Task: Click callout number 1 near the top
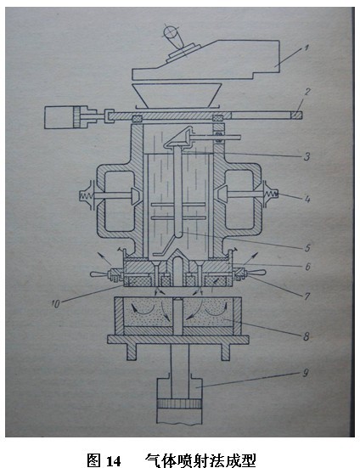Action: [x=306, y=48]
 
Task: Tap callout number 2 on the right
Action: [x=307, y=92]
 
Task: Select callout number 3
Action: [x=307, y=156]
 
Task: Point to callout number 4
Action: [x=307, y=199]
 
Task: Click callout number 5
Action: [x=307, y=248]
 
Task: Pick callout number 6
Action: [x=308, y=266]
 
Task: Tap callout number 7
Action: [x=307, y=296]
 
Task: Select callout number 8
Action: [x=307, y=336]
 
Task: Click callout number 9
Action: [x=306, y=373]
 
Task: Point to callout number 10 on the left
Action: [x=56, y=303]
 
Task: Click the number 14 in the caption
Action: [x=113, y=461]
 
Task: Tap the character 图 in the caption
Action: [x=94, y=461]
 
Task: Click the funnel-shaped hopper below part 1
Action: [x=177, y=95]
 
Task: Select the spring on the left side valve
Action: [x=85, y=196]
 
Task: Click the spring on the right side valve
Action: [x=271, y=195]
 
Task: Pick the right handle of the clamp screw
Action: [x=256, y=272]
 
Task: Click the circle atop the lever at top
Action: [x=171, y=31]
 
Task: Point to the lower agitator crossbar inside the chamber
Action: [x=178, y=218]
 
